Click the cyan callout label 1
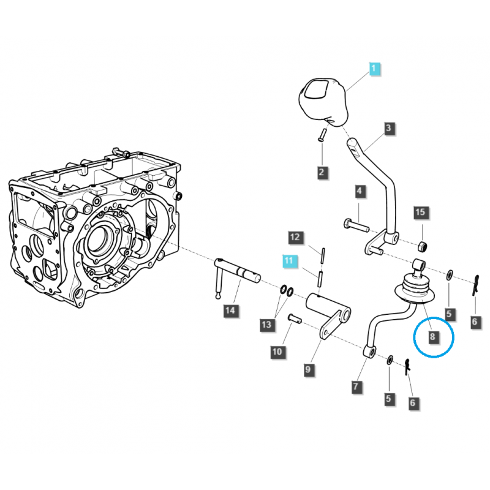(x=374, y=69)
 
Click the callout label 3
(x=389, y=129)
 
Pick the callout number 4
(x=360, y=192)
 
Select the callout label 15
(x=420, y=213)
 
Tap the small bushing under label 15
(x=422, y=246)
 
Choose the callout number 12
(x=295, y=236)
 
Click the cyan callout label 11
(x=288, y=262)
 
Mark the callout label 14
(x=230, y=311)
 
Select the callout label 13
(x=267, y=324)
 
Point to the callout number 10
(x=277, y=351)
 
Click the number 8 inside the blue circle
(x=433, y=336)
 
